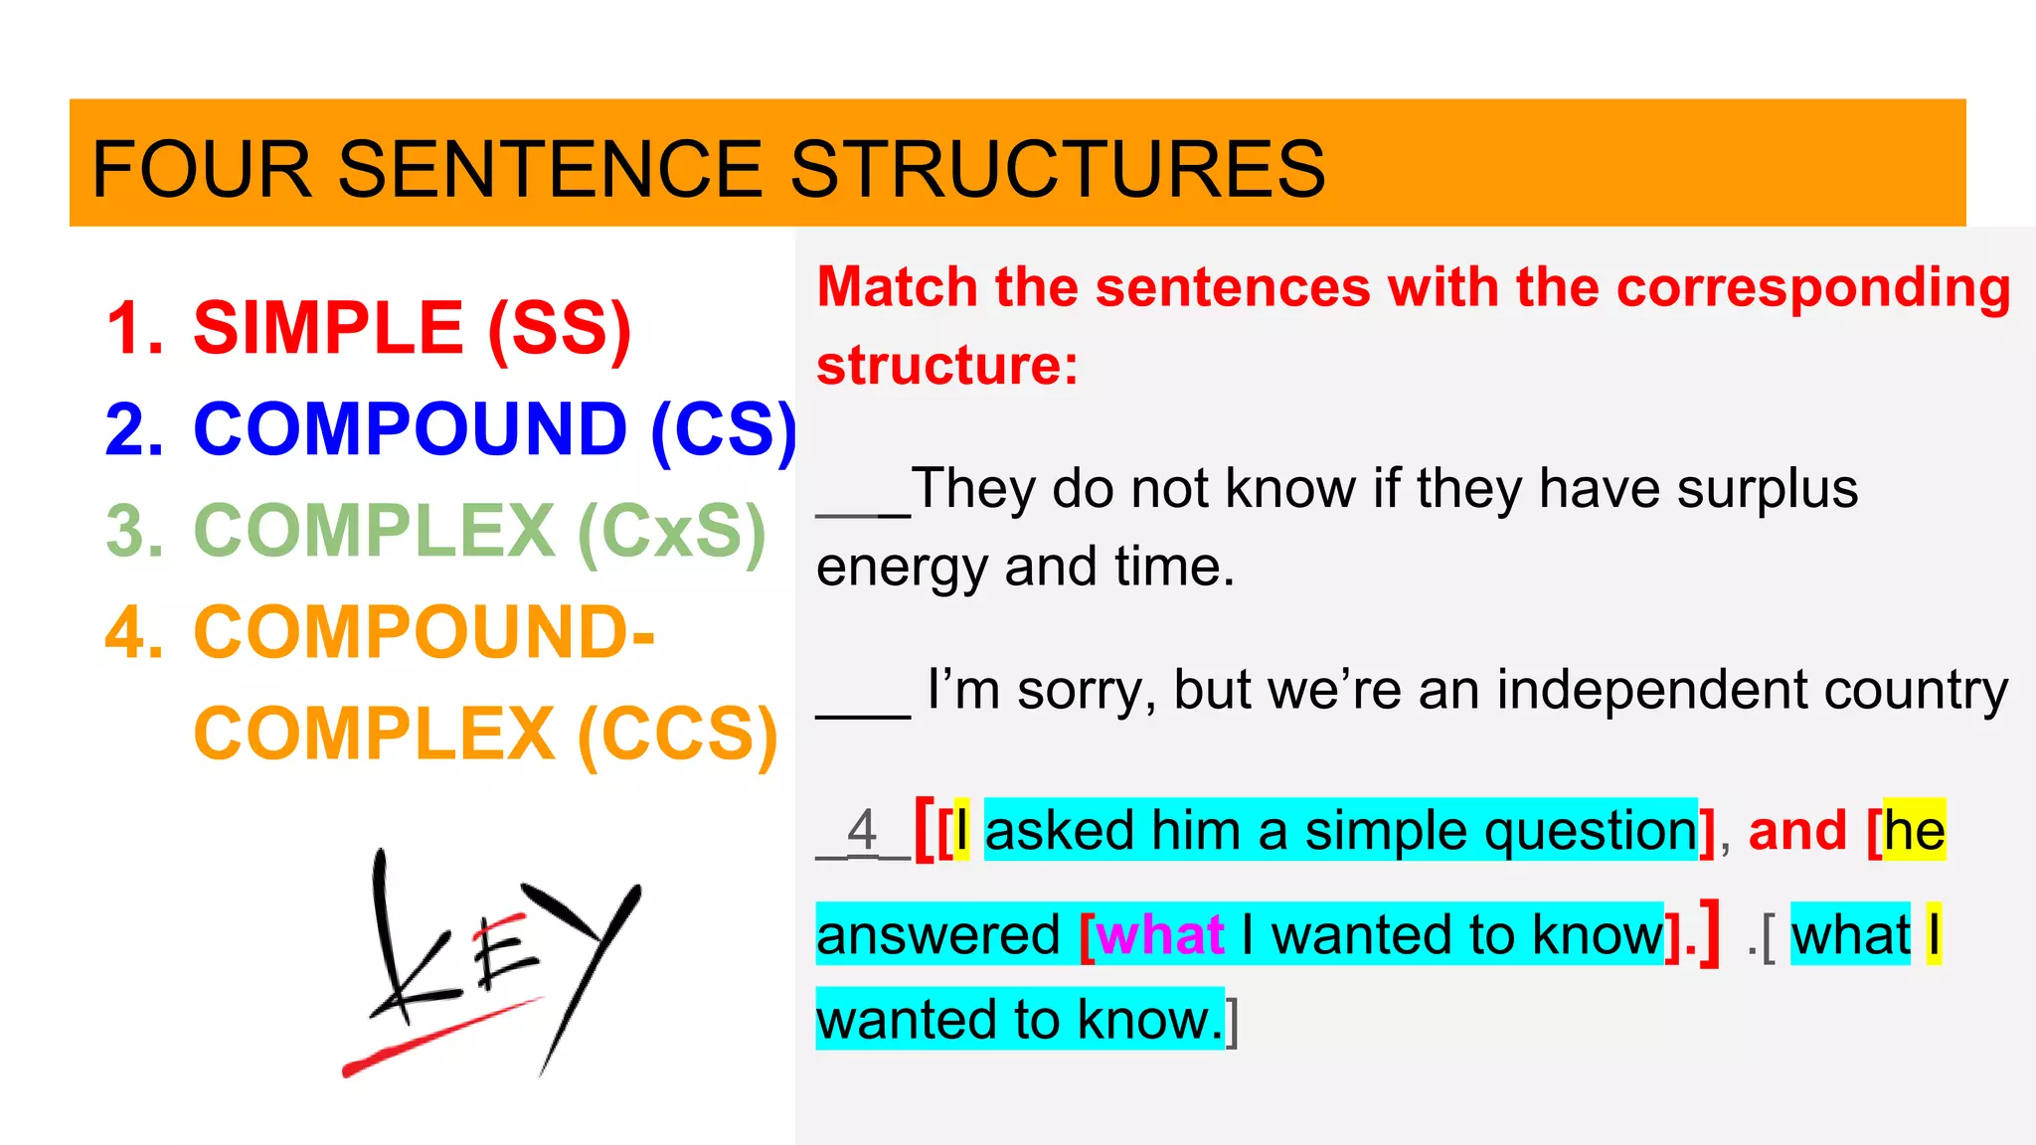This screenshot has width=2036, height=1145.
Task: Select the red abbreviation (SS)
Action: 560,329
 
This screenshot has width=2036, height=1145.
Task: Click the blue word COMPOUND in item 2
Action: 410,429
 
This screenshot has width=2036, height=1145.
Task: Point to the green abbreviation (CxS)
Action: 672,532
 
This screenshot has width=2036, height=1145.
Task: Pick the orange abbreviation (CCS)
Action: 678,736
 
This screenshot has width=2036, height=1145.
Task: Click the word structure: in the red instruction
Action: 946,366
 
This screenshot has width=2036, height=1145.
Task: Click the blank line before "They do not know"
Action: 862,512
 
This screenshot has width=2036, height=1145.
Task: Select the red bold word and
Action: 1797,831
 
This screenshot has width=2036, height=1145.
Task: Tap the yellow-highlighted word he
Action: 1915,831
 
